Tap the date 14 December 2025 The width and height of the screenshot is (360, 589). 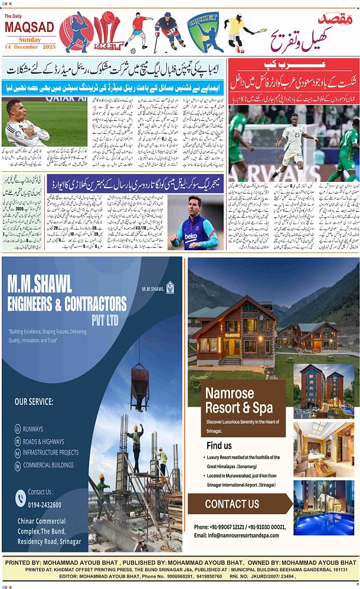point(30,47)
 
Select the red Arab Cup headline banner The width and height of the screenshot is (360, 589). point(293,71)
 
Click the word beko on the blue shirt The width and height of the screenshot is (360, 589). point(192,235)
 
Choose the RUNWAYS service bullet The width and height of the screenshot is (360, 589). point(33,429)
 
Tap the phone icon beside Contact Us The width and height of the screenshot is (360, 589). point(20,499)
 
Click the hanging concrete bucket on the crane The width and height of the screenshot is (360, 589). point(140,378)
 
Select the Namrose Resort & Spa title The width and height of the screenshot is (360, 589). point(239,401)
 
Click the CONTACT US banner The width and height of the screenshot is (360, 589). point(233,504)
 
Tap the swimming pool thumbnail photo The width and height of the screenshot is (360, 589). point(323,507)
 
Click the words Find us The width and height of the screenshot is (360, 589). point(219,446)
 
